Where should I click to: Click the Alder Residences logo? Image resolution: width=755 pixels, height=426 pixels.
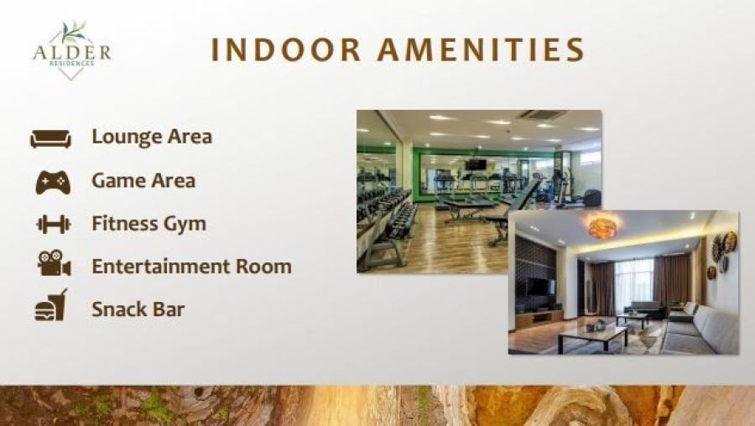72,49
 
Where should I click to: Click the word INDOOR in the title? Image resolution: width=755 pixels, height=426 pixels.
286,49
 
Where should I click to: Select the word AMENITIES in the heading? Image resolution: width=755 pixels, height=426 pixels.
481,49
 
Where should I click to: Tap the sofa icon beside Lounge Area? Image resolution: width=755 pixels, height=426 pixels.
50,138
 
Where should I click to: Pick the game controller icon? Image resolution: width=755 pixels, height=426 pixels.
53,183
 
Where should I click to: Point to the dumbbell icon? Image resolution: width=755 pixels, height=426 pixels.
54,224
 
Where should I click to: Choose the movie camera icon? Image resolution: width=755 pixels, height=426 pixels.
54,262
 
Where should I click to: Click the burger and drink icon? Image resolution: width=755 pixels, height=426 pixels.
51,305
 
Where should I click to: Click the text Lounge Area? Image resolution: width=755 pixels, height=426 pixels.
152,137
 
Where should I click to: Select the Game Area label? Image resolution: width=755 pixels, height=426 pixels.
143,181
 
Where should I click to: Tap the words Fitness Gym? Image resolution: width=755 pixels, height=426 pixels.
148,224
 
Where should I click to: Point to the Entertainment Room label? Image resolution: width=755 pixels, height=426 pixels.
191,266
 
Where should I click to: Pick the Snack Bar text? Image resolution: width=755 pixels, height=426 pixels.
138,309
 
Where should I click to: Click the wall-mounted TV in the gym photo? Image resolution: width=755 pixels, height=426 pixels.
476,164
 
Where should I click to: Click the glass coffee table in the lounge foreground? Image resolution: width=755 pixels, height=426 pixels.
593,336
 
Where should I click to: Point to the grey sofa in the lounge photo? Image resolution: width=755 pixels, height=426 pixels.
700,330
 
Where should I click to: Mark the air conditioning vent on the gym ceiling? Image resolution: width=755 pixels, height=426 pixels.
541,116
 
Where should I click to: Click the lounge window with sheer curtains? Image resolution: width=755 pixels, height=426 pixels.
633,284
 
